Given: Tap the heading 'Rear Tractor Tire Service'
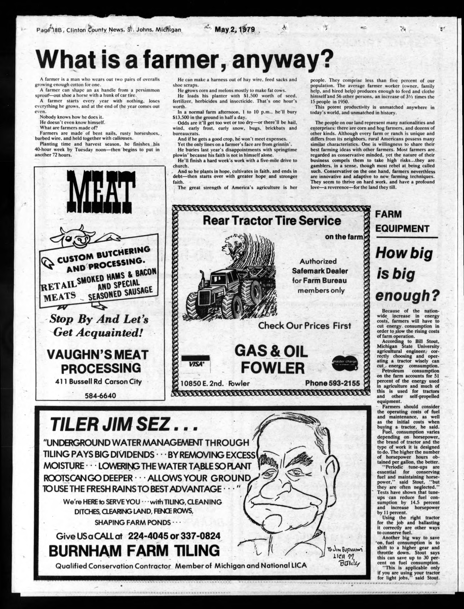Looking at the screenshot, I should click(x=272, y=220).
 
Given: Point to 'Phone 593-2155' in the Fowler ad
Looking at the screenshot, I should click(x=332, y=383).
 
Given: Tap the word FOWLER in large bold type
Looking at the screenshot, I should click(x=273, y=368).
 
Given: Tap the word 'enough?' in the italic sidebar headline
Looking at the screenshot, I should click(x=407, y=296).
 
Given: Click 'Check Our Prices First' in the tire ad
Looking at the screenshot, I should click(x=304, y=326).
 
